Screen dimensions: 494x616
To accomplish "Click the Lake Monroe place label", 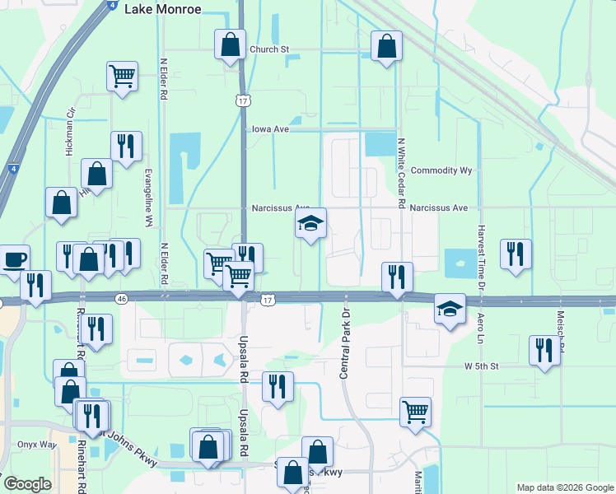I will point(162,9).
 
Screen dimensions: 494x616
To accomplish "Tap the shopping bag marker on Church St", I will point(231,44).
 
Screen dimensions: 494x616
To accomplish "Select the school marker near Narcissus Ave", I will point(310,223).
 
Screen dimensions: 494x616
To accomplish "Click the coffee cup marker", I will point(14,259).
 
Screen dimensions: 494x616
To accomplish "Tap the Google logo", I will point(27,484).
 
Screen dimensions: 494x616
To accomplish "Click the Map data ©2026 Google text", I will point(564,487).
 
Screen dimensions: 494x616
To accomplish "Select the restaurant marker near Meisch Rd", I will point(543,351).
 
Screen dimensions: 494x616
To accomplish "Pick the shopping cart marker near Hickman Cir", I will point(122,77).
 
